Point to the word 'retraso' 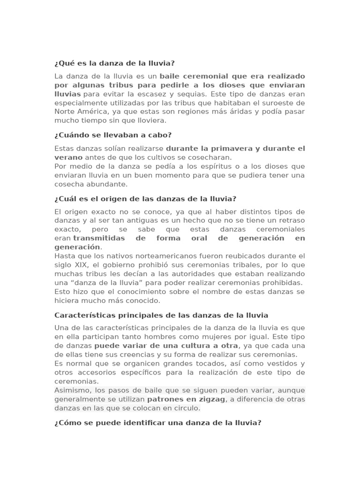tap(291, 220)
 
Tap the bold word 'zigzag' tap(210, 399)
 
